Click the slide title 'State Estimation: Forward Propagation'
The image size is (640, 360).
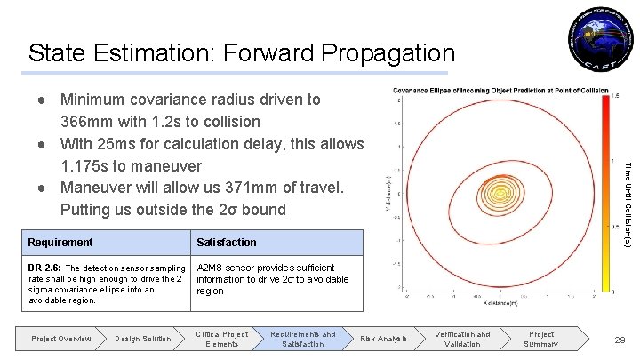pos(242,52)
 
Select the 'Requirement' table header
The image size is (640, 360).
pos(60,243)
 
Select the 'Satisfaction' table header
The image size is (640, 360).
pos(226,243)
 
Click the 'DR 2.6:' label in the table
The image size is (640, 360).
pos(45,268)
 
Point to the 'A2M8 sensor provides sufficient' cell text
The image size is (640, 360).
pos(265,268)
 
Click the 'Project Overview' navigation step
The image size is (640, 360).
pos(60,339)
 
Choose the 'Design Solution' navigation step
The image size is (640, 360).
pos(143,339)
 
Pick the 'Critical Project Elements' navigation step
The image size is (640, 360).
pos(222,339)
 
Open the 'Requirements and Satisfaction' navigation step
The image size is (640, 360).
pos(303,339)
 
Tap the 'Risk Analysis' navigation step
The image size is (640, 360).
pos(383,339)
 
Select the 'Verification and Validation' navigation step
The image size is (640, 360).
pos(462,339)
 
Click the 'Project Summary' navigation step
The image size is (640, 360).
pos(541,339)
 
